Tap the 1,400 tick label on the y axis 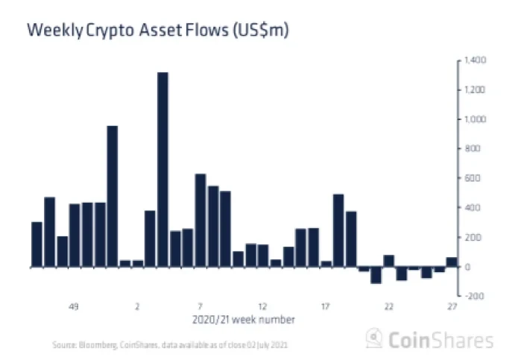pyautogui.click(x=475, y=60)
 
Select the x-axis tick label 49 pyautogui.click(x=74, y=306)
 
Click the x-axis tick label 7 pyautogui.click(x=200, y=306)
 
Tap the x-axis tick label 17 pyautogui.click(x=326, y=306)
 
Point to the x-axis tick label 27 pyautogui.click(x=452, y=306)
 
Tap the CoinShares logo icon pyautogui.click(x=374, y=339)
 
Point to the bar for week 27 pyautogui.click(x=452, y=262)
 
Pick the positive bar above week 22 pyautogui.click(x=389, y=261)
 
